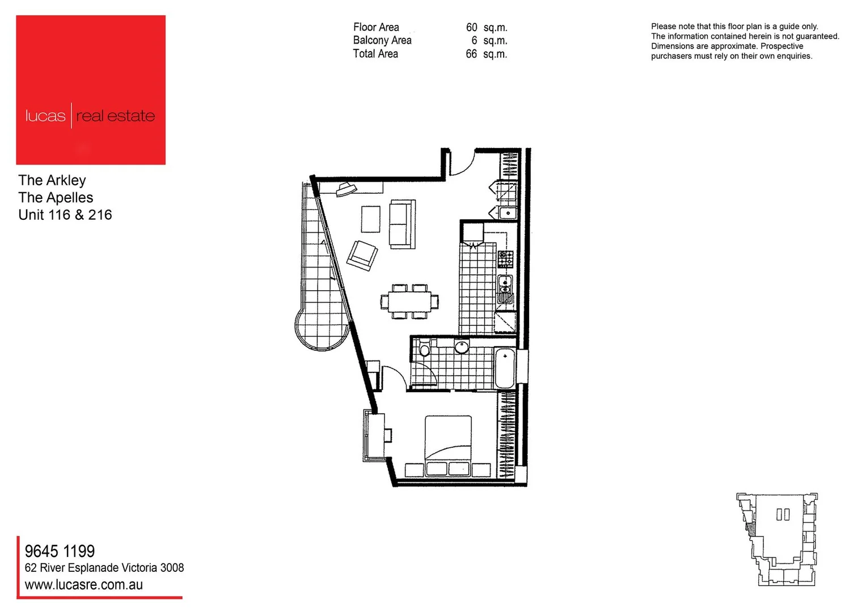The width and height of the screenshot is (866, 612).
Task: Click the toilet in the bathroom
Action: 424,349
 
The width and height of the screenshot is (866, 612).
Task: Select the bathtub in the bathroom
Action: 504,368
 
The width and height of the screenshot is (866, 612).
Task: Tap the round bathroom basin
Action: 462,347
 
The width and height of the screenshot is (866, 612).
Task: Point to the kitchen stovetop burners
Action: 505,259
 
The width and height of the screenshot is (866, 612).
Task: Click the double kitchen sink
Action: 505,290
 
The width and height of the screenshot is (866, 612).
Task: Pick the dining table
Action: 409,301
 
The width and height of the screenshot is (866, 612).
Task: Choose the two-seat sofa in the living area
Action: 402,224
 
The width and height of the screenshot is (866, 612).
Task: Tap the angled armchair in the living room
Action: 362,256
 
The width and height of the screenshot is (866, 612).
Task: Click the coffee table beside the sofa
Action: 371,219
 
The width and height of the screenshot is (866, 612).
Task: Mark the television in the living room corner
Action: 344,189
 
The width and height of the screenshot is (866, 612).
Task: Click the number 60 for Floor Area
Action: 471,27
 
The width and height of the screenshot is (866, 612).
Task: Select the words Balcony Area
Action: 382,40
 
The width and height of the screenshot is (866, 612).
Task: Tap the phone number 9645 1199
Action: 60,551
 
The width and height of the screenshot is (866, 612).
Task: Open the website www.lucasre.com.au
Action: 84,585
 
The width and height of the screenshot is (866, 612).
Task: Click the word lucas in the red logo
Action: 45,116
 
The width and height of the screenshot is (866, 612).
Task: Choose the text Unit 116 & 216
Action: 65,215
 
